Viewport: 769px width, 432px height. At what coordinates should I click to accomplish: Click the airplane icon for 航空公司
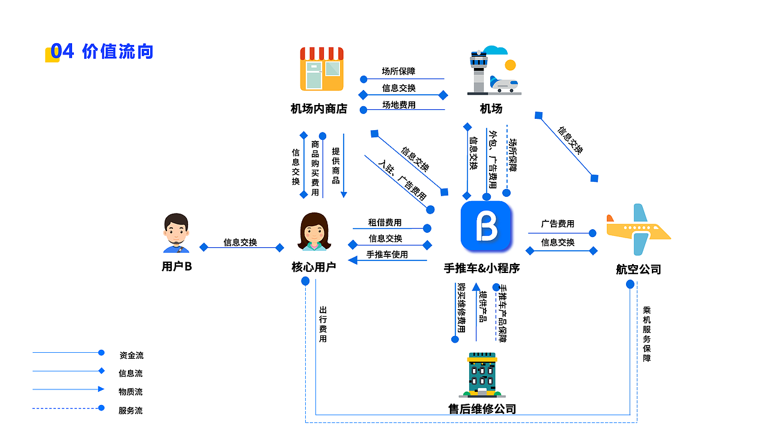pyautogui.click(x=638, y=229)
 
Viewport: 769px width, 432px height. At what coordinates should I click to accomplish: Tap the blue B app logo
pyautogui.click(x=486, y=226)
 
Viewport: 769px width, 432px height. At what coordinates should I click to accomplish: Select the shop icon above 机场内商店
pyautogui.click(x=321, y=69)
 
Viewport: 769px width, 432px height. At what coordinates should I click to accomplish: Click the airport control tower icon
pyautogui.click(x=493, y=71)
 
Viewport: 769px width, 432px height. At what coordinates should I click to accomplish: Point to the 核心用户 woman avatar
pyautogui.click(x=314, y=232)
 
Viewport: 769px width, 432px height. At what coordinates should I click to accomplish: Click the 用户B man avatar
pyautogui.click(x=176, y=233)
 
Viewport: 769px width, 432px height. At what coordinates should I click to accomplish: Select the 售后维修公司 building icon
pyautogui.click(x=482, y=375)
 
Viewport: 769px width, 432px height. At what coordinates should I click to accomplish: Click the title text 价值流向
pyautogui.click(x=118, y=52)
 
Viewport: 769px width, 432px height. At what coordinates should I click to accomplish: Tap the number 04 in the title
pyautogui.click(x=62, y=52)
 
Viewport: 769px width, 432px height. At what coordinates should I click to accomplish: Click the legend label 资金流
pyautogui.click(x=131, y=355)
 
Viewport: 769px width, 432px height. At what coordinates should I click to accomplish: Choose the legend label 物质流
pyautogui.click(x=131, y=392)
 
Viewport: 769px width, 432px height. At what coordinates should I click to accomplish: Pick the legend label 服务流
pyautogui.click(x=131, y=411)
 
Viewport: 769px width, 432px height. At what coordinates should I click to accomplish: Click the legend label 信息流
pyautogui.click(x=131, y=373)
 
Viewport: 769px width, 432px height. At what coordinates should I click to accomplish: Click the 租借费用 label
pyautogui.click(x=384, y=223)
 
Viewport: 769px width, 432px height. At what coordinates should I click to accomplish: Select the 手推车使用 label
pyautogui.click(x=387, y=254)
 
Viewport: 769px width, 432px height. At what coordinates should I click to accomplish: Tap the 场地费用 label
pyautogui.click(x=398, y=105)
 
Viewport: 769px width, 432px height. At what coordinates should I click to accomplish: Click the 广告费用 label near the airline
pyautogui.click(x=558, y=224)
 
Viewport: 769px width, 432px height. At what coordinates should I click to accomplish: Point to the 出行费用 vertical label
pyautogui.click(x=323, y=325)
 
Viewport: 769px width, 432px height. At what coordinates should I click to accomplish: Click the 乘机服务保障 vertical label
pyautogui.click(x=646, y=334)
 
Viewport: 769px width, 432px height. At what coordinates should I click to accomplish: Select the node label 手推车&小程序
pyautogui.click(x=481, y=268)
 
